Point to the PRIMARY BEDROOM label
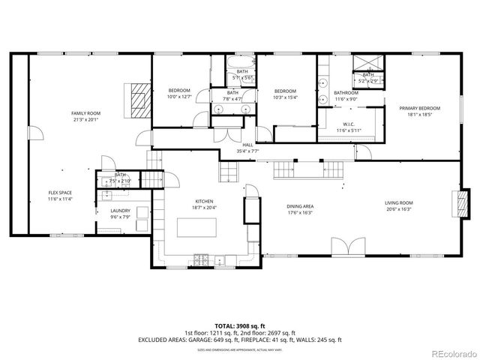click(424, 108)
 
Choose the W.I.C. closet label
click(349, 124)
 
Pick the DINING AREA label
click(300, 205)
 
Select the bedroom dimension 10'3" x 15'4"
click(285, 97)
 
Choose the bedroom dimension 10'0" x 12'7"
click(179, 96)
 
